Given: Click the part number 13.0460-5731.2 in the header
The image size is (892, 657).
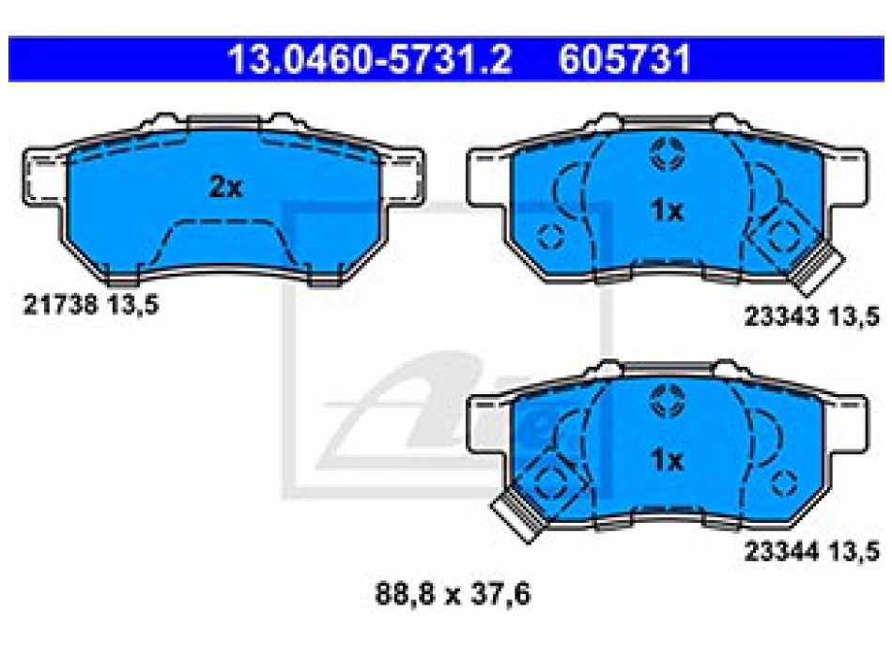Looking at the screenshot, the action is (370, 59).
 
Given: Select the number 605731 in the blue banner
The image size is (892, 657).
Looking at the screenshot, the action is (624, 59).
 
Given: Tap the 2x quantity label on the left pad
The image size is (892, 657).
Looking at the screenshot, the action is (226, 187).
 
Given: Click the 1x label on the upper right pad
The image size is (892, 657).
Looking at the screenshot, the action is (667, 210).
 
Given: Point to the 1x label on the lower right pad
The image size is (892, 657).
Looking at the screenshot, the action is (667, 459).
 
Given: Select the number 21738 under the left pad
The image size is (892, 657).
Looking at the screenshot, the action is (60, 304).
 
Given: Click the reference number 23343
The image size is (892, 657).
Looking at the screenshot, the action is (781, 315).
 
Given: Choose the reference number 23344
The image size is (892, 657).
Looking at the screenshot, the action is (781, 551).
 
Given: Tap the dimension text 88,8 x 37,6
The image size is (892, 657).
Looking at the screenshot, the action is (453, 594).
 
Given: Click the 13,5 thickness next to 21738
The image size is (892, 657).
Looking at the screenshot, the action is (133, 305).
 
